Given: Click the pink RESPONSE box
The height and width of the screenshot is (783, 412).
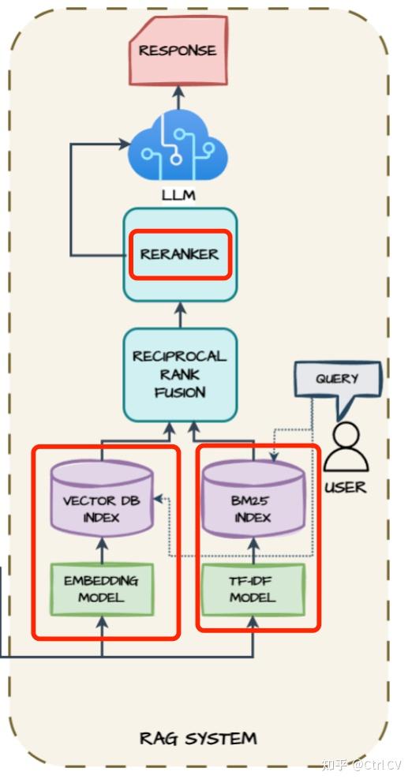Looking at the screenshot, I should click(x=178, y=51).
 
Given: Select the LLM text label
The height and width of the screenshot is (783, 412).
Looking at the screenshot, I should click(x=178, y=194).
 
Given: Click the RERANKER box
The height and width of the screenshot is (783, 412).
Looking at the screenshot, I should click(x=180, y=254).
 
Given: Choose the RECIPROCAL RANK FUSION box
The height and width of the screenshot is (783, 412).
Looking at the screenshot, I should click(x=180, y=374).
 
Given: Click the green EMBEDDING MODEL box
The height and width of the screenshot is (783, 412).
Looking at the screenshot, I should click(x=101, y=589).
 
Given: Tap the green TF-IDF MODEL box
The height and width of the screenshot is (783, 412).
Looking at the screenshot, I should click(x=253, y=589).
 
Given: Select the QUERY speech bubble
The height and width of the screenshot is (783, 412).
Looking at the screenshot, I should click(x=337, y=380).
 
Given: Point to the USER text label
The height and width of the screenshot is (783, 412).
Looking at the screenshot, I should click(x=346, y=487).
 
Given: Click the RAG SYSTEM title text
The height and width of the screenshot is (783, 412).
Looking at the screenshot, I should click(x=198, y=738).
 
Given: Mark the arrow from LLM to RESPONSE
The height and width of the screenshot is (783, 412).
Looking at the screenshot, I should click(x=178, y=98).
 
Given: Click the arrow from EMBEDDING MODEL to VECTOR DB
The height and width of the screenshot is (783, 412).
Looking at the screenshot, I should click(x=101, y=549).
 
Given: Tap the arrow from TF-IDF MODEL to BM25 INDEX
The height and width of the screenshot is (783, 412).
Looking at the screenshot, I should click(x=253, y=549).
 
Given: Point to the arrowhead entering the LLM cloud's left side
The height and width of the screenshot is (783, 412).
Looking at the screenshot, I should click(x=124, y=144).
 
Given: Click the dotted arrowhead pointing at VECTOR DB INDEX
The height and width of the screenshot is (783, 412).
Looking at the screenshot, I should click(x=158, y=499).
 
